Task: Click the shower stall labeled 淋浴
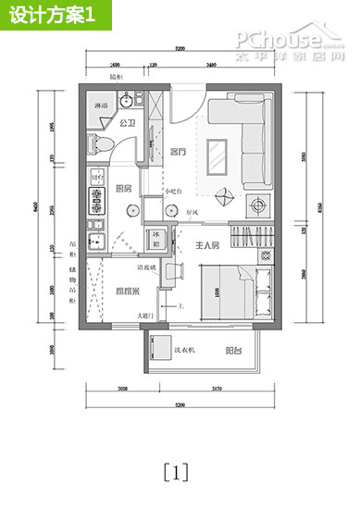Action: pos(98,107)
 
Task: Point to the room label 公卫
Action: pos(129,123)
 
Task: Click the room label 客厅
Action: pos(180,151)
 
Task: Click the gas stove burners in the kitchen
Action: pos(95,198)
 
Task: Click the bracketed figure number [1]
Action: pos(175,472)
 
